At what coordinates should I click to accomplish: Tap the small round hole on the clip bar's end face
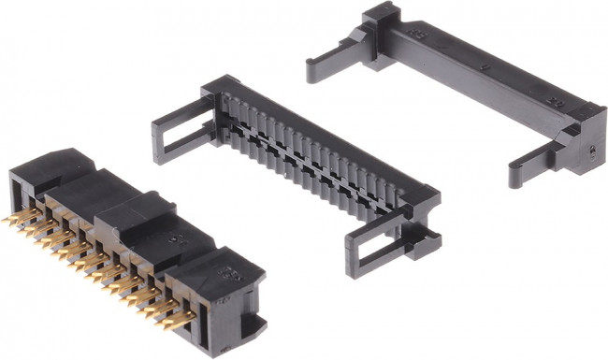[x=593, y=148]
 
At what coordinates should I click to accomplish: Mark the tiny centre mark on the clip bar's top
[x=485, y=67]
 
